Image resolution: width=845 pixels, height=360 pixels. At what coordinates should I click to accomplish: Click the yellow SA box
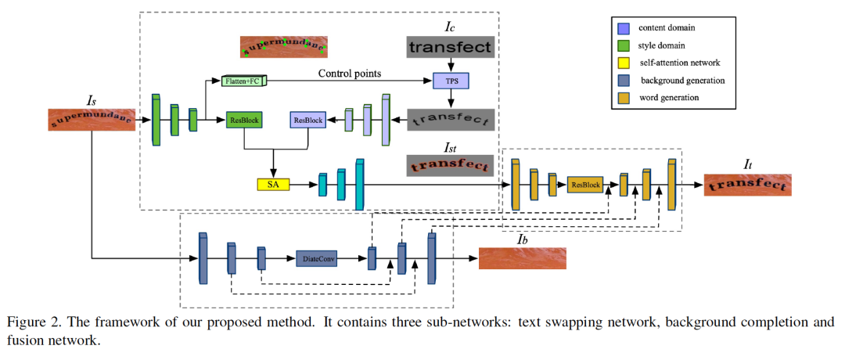pyautogui.click(x=273, y=185)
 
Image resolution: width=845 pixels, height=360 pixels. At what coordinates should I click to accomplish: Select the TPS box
pyautogui.click(x=451, y=81)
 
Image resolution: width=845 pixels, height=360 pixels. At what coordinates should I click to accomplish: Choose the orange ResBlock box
pyautogui.click(x=586, y=185)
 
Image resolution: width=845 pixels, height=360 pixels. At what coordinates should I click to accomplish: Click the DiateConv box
pyautogui.click(x=317, y=258)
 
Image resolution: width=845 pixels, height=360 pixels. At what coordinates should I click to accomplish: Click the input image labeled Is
pyautogui.click(x=92, y=120)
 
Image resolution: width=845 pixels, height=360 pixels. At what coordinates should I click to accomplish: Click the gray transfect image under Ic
pyautogui.click(x=450, y=47)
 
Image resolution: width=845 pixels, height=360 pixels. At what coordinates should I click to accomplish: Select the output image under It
pyautogui.click(x=748, y=185)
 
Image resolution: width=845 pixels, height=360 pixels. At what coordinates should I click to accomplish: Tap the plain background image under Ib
pyautogui.click(x=522, y=258)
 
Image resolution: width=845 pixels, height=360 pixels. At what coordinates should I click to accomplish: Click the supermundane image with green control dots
pyautogui.click(x=284, y=47)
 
